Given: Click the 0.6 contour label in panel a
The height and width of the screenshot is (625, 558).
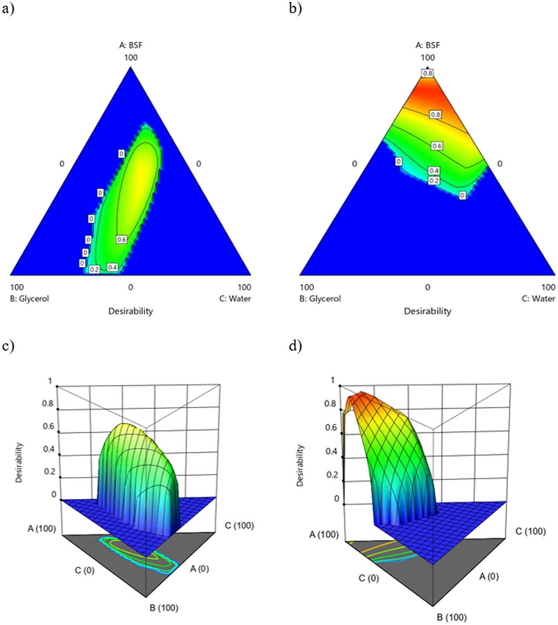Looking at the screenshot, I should pyautogui.click(x=122, y=240).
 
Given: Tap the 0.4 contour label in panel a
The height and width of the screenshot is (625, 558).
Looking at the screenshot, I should pyautogui.click(x=112, y=267).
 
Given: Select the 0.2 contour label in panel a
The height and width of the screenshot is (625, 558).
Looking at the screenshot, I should pyautogui.click(x=94, y=269).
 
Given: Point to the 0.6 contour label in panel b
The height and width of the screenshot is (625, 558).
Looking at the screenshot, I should pyautogui.click(x=437, y=146).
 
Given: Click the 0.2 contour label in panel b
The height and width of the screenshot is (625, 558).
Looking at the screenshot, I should pyautogui.click(x=434, y=181).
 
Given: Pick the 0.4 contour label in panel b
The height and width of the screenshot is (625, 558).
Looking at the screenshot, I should pyautogui.click(x=434, y=171).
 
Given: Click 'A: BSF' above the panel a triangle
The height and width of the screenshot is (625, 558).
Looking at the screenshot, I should pyautogui.click(x=131, y=45).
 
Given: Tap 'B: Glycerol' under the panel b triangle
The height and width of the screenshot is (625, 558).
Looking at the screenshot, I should pyautogui.click(x=320, y=299).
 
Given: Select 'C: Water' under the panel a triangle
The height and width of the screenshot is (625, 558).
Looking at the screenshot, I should pyautogui.click(x=235, y=299).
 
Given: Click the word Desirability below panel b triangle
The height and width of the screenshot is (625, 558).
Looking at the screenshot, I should pyautogui.click(x=427, y=311).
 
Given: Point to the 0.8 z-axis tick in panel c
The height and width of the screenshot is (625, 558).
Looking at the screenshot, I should pyautogui.click(x=48, y=403).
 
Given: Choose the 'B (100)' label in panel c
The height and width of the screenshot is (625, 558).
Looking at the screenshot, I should pyautogui.click(x=164, y=608).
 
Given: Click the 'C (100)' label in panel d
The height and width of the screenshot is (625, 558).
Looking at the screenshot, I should pyautogui.click(x=530, y=531).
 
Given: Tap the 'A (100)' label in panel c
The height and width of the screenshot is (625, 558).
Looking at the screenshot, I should pyautogui.click(x=42, y=528).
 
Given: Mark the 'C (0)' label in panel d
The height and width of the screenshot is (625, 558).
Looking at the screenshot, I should pyautogui.click(x=368, y=578).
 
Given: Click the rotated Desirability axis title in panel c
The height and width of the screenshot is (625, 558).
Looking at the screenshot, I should pyautogui.click(x=19, y=463).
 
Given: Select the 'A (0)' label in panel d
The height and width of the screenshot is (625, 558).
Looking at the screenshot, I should pyautogui.click(x=489, y=576).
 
